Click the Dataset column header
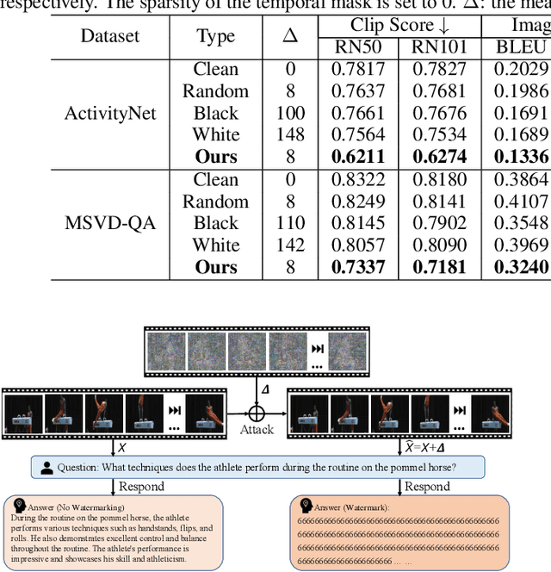110,36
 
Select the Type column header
215,36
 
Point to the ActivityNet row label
110,113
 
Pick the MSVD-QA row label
110,223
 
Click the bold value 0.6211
358,157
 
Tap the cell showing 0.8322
358,179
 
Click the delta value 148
290,134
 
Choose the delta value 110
290,223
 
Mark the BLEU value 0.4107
521,202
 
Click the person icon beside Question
45,468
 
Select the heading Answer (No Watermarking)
73,507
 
